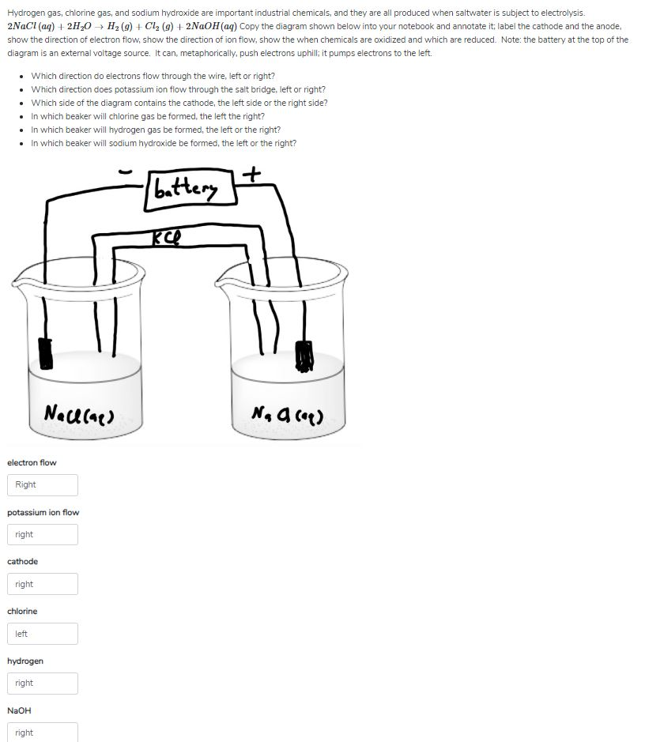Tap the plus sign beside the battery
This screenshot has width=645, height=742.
click(x=253, y=174)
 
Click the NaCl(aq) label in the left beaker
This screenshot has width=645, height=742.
click(x=81, y=412)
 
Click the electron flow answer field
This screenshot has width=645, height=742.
click(x=43, y=484)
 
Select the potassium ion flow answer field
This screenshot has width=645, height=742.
click(x=43, y=534)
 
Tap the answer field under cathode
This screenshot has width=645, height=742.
click(x=43, y=584)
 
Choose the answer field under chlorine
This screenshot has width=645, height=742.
click(x=43, y=634)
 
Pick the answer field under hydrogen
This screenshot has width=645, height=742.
click(x=43, y=683)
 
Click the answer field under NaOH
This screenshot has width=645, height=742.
click(x=43, y=733)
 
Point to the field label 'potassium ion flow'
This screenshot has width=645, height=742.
click(x=43, y=512)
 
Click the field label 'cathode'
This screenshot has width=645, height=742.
click(x=22, y=561)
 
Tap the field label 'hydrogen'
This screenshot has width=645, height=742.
click(x=25, y=661)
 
